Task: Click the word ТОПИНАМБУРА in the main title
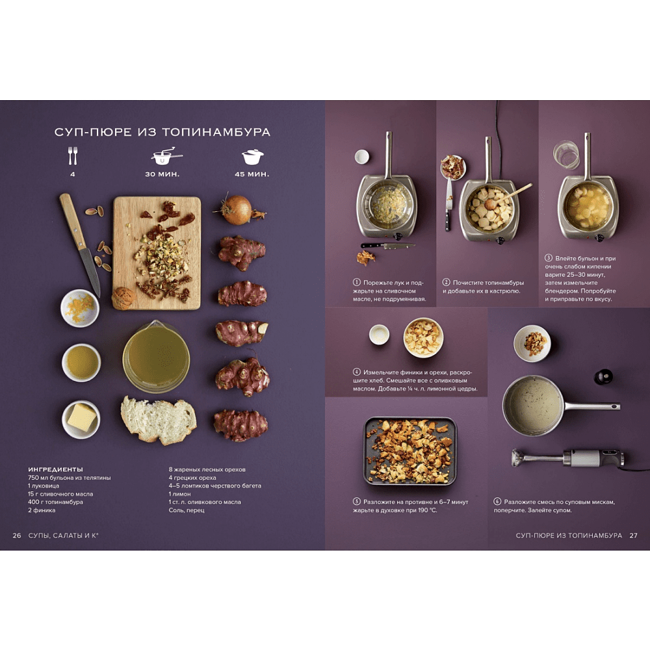[216, 132]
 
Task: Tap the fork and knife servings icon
[73, 156]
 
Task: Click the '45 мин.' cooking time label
[252, 174]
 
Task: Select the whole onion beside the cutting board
[238, 210]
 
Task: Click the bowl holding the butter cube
[81, 419]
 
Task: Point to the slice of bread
[159, 419]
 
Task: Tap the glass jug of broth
[156, 356]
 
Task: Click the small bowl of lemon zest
[79, 308]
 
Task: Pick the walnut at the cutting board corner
[123, 298]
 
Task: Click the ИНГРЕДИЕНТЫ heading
[55, 469]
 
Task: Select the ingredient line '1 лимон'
[179, 494]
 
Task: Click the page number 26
[17, 536]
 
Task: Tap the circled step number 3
[549, 258]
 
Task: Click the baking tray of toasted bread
[409, 451]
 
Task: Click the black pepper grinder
[603, 376]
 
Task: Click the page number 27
[633, 536]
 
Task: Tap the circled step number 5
[356, 502]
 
